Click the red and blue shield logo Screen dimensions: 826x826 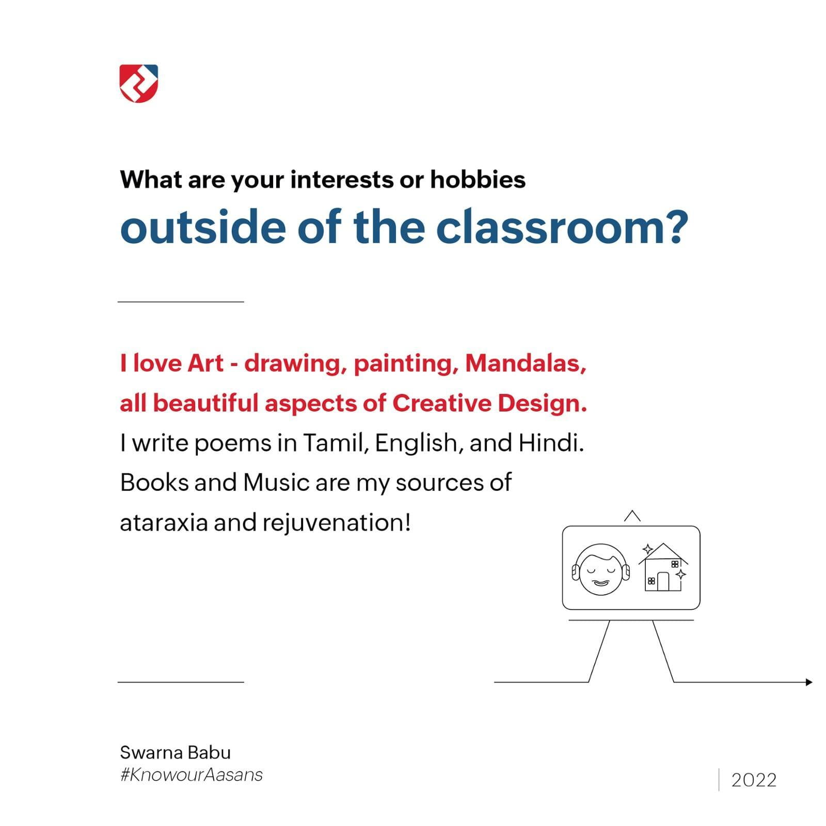139,83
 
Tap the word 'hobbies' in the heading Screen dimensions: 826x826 478,180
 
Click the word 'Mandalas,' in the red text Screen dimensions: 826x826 526,364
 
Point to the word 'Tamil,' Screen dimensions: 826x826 336,443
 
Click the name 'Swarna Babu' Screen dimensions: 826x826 176,753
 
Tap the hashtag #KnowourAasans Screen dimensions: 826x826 192,775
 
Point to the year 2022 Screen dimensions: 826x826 754,780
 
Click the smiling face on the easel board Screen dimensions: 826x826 601,570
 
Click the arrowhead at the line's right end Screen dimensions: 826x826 809,682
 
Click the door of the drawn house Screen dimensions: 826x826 663,582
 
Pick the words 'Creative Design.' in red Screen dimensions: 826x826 489,404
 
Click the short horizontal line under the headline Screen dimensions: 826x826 181,301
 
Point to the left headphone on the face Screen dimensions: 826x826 576,572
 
